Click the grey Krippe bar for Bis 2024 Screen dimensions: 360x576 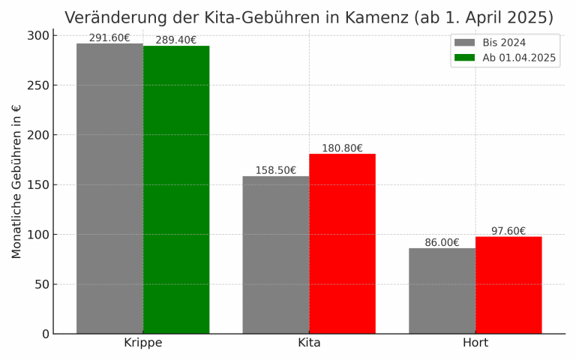[109, 188]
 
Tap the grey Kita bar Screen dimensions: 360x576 [275, 255]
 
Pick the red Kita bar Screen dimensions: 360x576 [342, 244]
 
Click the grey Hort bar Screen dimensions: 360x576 [442, 291]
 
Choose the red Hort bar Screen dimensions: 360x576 [508, 285]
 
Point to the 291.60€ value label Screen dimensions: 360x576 [109, 38]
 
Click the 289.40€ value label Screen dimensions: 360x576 [176, 40]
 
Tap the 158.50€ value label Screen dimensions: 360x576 [275, 171]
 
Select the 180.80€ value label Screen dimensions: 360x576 [342, 148]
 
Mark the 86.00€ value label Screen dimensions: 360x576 [442, 243]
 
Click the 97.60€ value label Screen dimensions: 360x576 [508, 231]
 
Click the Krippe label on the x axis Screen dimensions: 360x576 [142, 343]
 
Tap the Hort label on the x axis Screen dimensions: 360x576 [475, 343]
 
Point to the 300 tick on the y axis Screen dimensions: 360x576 [39, 36]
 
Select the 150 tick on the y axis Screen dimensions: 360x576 [39, 184]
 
